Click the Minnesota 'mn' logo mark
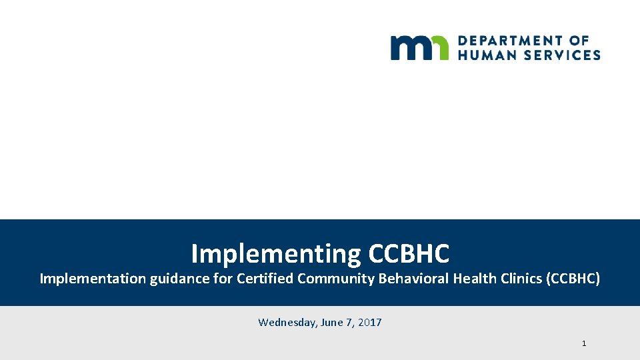[x=419, y=47]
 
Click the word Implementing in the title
[x=275, y=254]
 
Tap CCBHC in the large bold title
[x=409, y=254]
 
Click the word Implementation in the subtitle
[x=92, y=279]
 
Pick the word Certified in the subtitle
[x=265, y=279]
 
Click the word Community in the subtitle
[x=336, y=279]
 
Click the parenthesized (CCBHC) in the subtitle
[x=573, y=279]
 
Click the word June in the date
[x=331, y=323]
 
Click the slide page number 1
[x=584, y=343]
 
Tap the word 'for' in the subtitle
[x=223, y=279]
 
